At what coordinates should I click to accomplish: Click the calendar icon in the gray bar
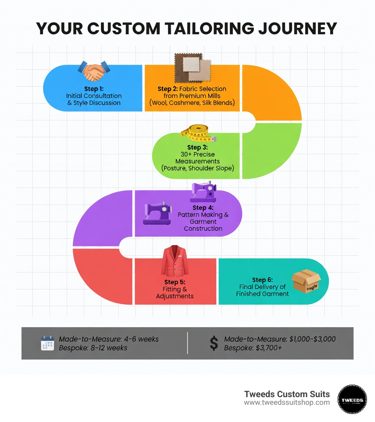pos(48,343)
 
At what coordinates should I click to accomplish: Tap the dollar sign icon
pos(214,343)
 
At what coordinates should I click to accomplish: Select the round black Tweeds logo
pos(352,399)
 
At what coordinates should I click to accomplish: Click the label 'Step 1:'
pos(94,89)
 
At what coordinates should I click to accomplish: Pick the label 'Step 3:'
pos(197,147)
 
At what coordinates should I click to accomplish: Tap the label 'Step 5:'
pos(174,282)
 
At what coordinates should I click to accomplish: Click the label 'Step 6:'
pos(262,280)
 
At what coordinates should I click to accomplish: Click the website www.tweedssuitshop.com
pos(287,403)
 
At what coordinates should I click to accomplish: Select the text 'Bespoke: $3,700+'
pos(253,348)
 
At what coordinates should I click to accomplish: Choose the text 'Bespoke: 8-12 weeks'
pos(93,348)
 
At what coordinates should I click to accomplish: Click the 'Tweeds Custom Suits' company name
pos(287,394)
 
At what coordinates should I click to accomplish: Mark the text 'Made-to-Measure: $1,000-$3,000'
pos(280,339)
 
